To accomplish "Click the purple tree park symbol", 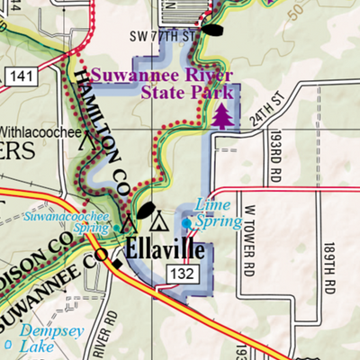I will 221,115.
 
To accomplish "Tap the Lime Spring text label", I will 220,213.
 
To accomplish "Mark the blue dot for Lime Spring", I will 187,222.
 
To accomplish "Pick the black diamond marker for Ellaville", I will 115,262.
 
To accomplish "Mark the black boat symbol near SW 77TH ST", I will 212,29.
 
